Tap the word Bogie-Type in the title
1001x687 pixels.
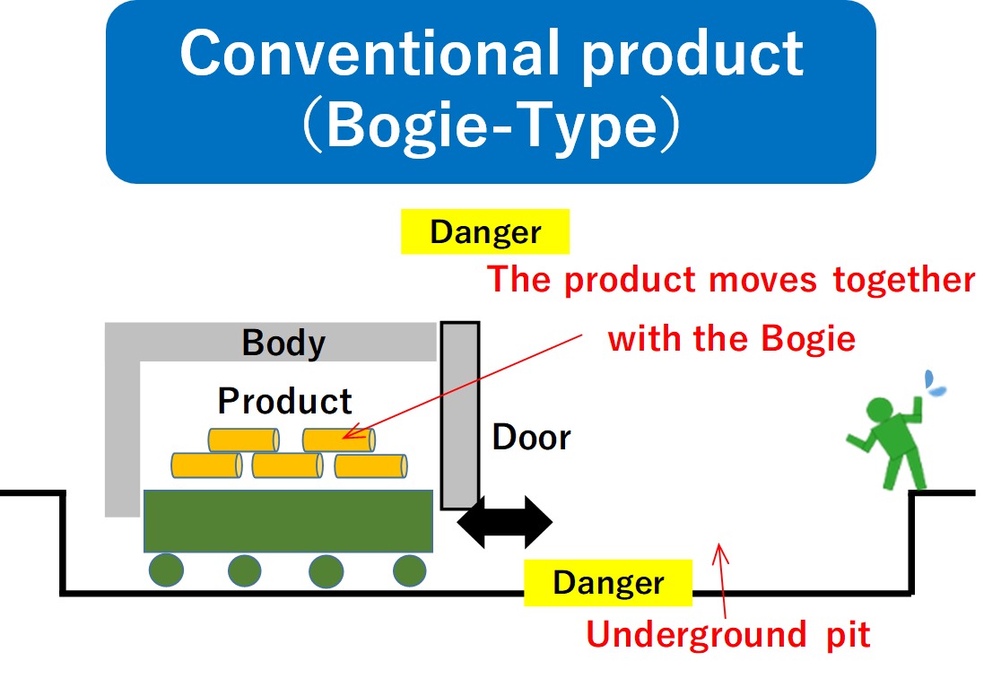(x=492, y=126)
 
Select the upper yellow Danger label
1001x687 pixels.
(x=485, y=231)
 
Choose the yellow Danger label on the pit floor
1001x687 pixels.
(x=608, y=582)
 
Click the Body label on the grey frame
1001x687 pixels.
(x=283, y=343)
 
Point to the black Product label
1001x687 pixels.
(x=284, y=401)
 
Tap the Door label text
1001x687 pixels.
(x=532, y=438)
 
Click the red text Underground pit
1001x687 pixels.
(x=728, y=635)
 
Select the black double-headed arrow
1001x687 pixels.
(x=505, y=522)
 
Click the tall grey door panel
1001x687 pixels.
(x=459, y=415)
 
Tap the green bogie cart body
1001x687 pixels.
(x=288, y=521)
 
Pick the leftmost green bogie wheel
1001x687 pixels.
(x=166, y=570)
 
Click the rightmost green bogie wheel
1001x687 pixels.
(x=409, y=570)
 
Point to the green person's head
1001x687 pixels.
(x=879, y=410)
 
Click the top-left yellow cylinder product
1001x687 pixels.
(x=243, y=439)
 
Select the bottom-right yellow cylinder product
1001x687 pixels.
(x=371, y=466)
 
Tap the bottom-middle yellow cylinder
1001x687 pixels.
(x=287, y=465)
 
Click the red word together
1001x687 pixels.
(x=904, y=281)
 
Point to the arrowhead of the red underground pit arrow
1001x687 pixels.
(x=719, y=544)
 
